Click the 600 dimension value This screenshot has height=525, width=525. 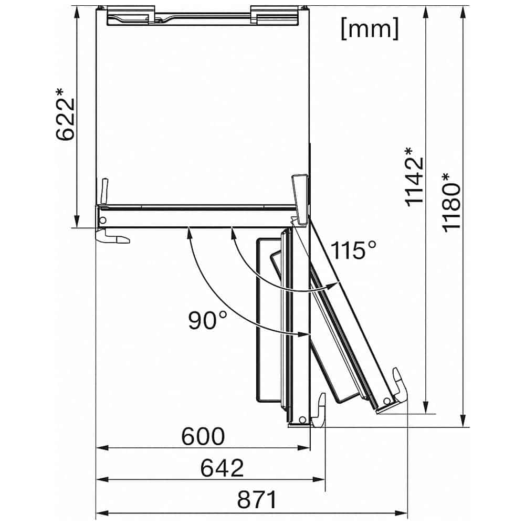203,436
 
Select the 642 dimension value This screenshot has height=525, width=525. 222,467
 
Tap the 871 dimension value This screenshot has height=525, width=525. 256,500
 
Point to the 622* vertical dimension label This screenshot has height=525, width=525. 67,114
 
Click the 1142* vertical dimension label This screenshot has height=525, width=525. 415,176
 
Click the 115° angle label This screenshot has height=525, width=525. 353,250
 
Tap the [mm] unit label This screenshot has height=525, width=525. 370,29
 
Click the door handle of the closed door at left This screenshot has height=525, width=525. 113,238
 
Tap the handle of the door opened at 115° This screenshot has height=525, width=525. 397,386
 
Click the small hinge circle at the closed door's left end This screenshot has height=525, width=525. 103,219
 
